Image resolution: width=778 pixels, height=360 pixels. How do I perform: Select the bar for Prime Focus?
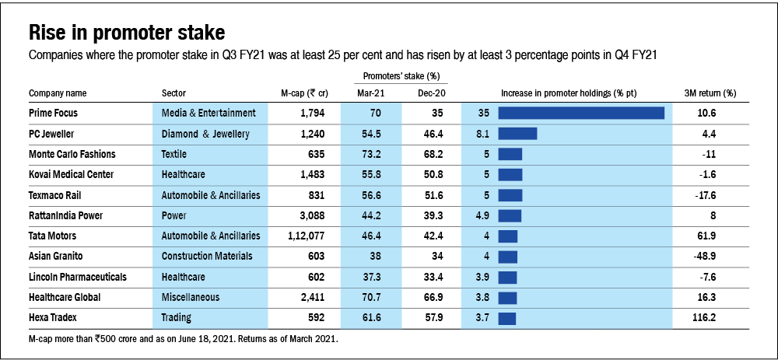tap(580, 113)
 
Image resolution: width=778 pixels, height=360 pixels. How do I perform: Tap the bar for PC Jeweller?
tap(517, 134)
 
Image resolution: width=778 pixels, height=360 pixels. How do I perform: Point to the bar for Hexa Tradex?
tap(506, 317)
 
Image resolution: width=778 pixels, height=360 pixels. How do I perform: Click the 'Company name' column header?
tap(58, 93)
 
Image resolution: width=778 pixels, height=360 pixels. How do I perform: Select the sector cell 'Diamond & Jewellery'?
tap(205, 134)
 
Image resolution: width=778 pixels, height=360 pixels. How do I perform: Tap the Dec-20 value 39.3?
tap(429, 215)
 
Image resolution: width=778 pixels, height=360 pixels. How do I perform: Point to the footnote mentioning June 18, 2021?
tap(183, 339)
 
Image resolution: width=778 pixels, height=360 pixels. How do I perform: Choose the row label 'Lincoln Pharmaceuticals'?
tap(77, 276)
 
